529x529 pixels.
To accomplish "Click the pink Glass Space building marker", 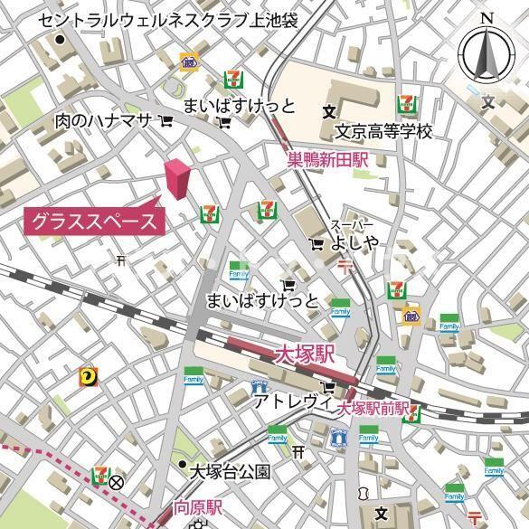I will (x=177, y=178).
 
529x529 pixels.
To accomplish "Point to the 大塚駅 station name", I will (x=304, y=354).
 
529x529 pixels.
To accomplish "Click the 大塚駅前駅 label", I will (x=373, y=410).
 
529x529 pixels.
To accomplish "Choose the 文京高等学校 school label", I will (x=383, y=132).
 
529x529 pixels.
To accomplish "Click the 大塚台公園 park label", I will (x=230, y=470).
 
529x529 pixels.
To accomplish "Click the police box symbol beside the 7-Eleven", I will (x=117, y=482).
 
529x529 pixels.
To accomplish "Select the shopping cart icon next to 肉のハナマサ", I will (x=166, y=120).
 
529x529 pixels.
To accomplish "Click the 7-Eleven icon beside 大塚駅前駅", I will (x=413, y=414).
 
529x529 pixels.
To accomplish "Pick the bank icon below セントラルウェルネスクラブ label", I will (x=188, y=62).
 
